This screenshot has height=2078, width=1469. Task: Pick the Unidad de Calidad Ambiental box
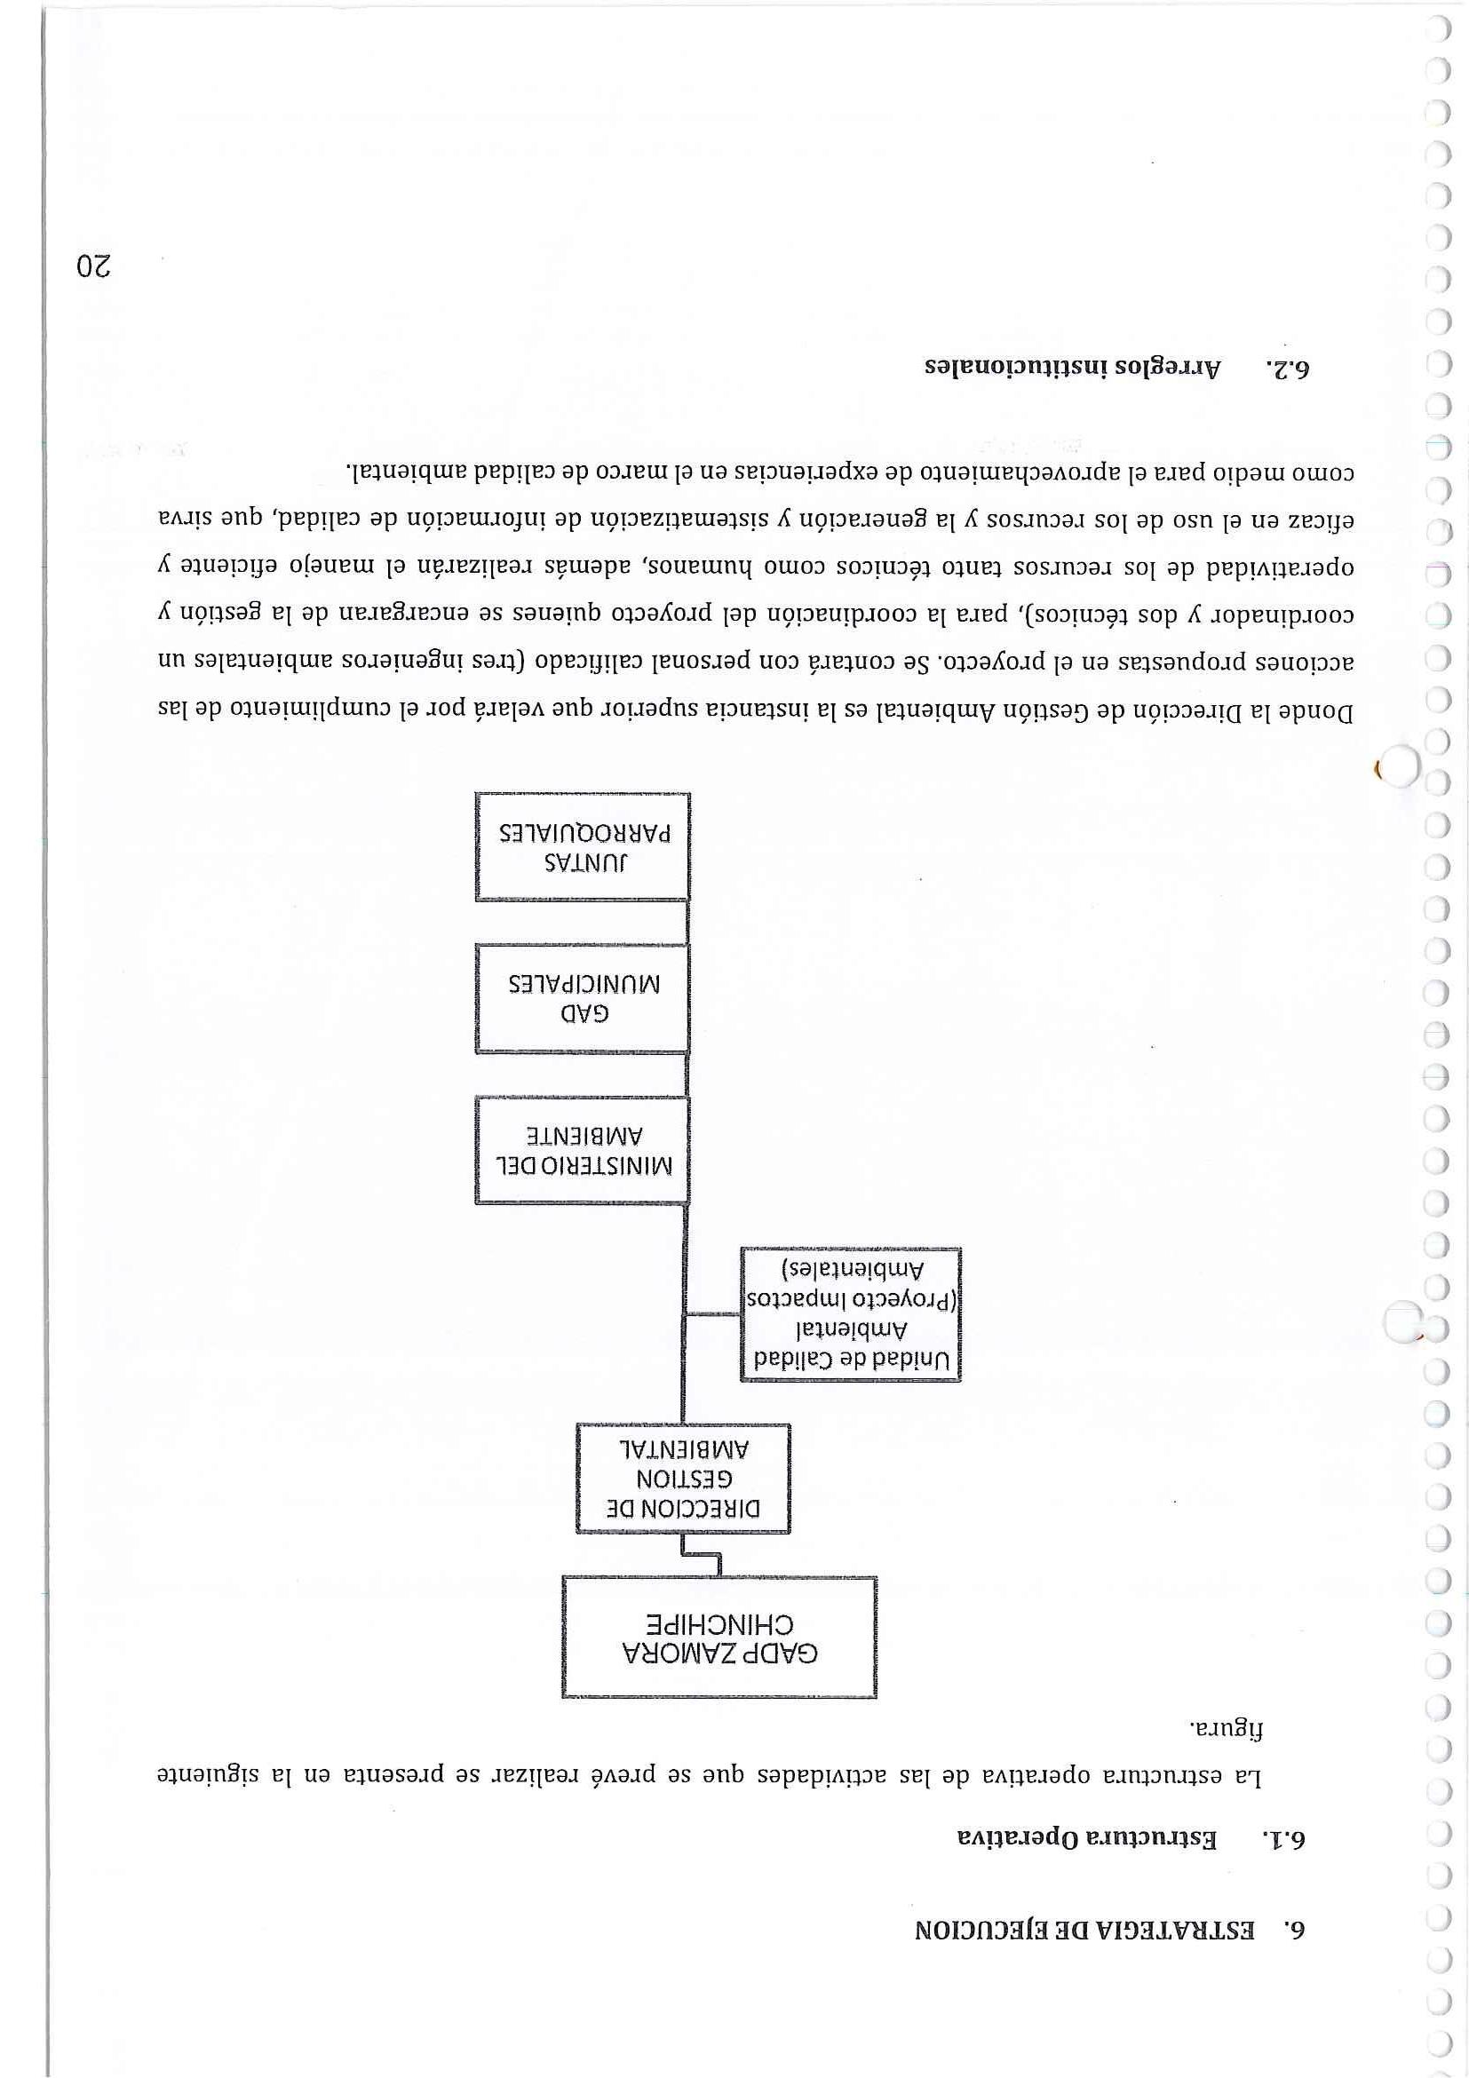(x=850, y=1313)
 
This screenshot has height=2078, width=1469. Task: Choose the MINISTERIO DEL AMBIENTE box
(x=582, y=1149)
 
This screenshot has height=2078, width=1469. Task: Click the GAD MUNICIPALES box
(x=582, y=997)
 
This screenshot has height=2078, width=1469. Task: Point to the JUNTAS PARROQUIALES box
(x=582, y=846)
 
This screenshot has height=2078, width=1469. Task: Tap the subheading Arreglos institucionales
(x=1072, y=369)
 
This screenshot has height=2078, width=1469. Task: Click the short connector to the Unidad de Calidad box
(x=712, y=1315)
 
